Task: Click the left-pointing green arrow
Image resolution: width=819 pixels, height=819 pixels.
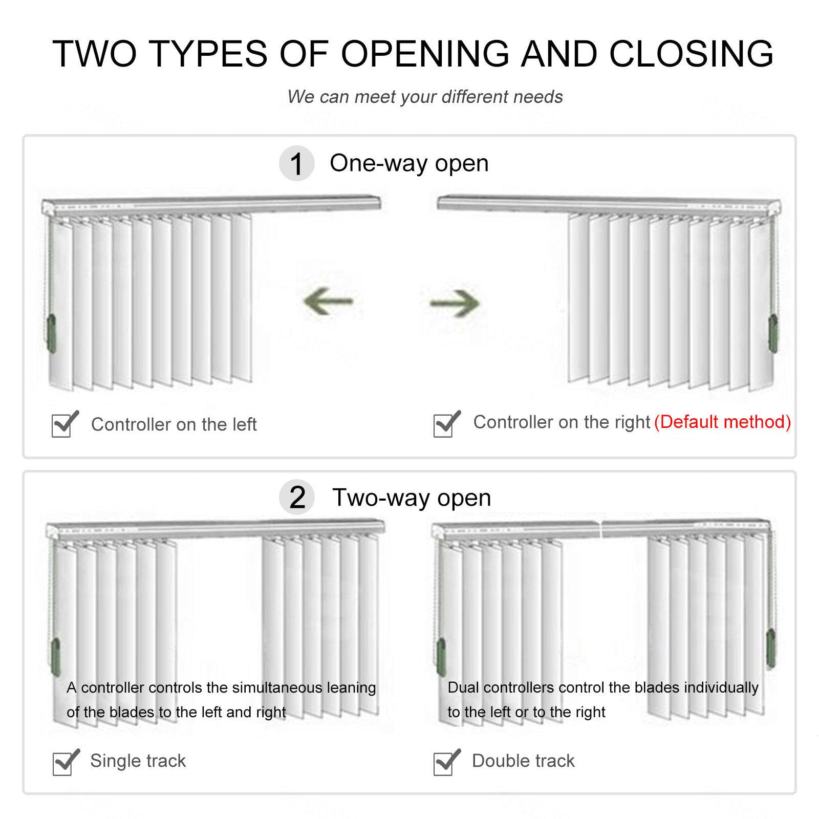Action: pyautogui.click(x=329, y=301)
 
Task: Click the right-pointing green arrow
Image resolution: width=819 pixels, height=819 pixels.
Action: pyautogui.click(x=455, y=303)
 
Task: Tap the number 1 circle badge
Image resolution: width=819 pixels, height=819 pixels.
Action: pyautogui.click(x=296, y=164)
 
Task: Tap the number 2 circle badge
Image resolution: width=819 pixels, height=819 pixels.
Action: pyautogui.click(x=297, y=498)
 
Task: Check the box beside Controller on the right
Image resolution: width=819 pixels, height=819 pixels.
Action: pyautogui.click(x=444, y=425)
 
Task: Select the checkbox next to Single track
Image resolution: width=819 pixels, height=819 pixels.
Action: pyautogui.click(x=64, y=763)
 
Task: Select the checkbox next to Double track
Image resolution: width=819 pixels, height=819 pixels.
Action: pyautogui.click(x=444, y=763)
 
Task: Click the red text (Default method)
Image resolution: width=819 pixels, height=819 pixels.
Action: pyautogui.click(x=723, y=422)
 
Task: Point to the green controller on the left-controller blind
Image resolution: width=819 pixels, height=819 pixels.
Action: pyautogui.click(x=51, y=334)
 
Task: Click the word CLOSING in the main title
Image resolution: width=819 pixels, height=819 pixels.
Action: pyautogui.click(x=691, y=53)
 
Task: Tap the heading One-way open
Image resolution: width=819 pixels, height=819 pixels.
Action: pyautogui.click(x=409, y=163)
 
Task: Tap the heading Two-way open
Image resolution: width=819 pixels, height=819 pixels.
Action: pyautogui.click(x=412, y=498)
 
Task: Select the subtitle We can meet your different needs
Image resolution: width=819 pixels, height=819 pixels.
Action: pyautogui.click(x=425, y=97)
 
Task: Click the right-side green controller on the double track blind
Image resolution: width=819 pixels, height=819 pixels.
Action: pyautogui.click(x=770, y=649)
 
